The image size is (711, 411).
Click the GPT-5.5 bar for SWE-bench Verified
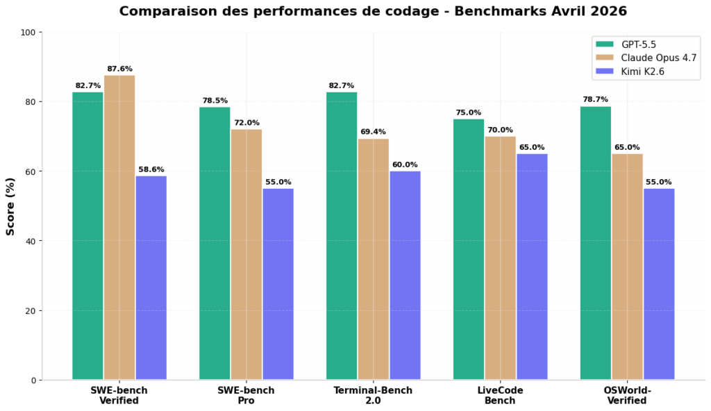coord(87,236)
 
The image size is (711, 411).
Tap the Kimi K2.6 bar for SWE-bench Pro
coord(278,284)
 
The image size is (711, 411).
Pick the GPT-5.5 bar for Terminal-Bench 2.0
coord(342,236)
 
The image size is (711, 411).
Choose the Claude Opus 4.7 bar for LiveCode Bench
coord(500,258)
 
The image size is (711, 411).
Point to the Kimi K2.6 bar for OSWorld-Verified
coord(659,284)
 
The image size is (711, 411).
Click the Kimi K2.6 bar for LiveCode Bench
coord(532,267)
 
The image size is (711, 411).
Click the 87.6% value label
coord(119,69)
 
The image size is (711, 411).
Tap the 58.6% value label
coord(151,169)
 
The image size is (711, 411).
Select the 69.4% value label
coord(373,132)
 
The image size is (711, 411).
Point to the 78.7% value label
coord(595,99)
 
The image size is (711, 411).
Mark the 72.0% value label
coord(246,123)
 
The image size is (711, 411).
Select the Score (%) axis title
coord(10,206)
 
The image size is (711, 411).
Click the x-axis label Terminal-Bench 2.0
coord(373,395)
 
